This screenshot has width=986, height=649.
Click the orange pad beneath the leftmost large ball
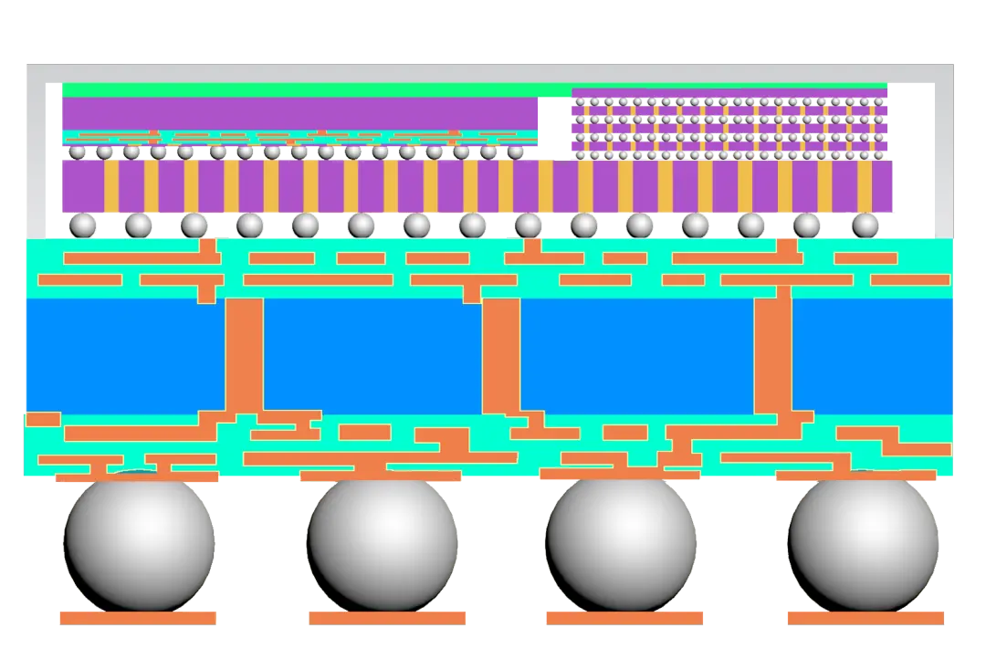pyautogui.click(x=139, y=617)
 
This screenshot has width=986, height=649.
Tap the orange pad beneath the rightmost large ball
pyautogui.click(x=864, y=617)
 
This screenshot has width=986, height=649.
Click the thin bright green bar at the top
pyautogui.click(x=475, y=89)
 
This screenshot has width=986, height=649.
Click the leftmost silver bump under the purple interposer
pyautogui.click(x=83, y=224)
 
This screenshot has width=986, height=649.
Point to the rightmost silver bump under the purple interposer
pyautogui.click(x=864, y=224)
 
